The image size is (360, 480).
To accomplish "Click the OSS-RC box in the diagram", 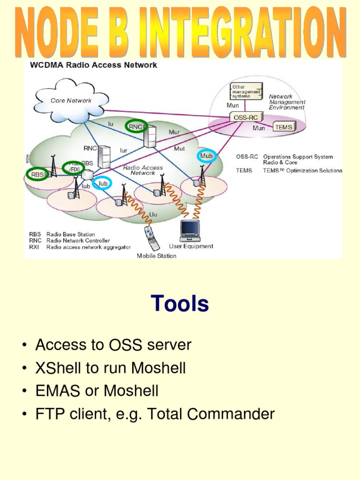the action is coord(246,117).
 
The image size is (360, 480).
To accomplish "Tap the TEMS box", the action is coord(284,127).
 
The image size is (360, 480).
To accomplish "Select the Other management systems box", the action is coord(247,91).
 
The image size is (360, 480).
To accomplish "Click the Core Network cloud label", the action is coord(71,100).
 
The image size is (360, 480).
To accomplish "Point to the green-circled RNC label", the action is coord(135,127).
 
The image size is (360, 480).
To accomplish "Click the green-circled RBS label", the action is coord(37,174).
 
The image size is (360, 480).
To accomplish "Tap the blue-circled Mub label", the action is coord(206,156).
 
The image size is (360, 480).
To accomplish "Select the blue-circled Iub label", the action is coord(103,183).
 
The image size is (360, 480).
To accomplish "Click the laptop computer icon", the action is coord(190,231).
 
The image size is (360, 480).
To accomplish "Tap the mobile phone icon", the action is coord(152,239).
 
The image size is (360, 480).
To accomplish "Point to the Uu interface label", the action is coord(153,214).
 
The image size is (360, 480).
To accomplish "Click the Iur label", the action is coord(123,150).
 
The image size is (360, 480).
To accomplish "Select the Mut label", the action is coord(180,149).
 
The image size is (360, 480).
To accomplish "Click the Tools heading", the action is coord(180,303).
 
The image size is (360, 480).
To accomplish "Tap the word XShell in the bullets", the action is coord(58,367).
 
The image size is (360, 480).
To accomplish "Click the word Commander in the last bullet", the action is coord(231,414).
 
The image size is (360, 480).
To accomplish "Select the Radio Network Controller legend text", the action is coord(78,240).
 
